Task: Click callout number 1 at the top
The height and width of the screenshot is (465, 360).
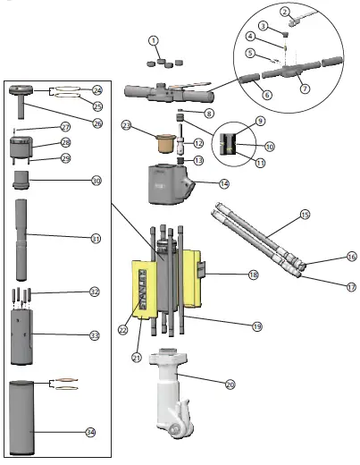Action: tap(154, 41)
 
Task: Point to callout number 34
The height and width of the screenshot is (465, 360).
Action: tap(89, 432)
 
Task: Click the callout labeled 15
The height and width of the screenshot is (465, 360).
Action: tap(304, 215)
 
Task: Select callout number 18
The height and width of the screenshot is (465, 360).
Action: tap(253, 275)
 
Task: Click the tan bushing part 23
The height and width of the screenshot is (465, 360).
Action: tap(163, 142)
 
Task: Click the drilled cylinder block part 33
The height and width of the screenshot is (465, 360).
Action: tap(24, 335)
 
